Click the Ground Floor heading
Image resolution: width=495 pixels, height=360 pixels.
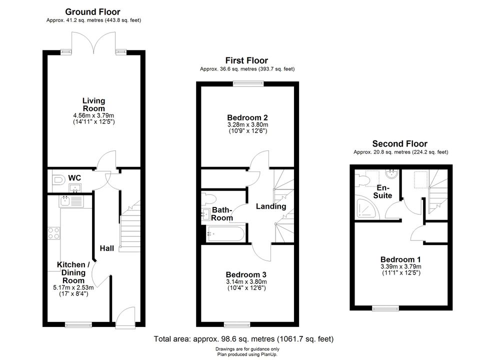coord(92,12)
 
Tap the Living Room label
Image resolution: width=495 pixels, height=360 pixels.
coord(94,104)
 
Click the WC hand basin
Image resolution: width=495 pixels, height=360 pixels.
coord(75,188)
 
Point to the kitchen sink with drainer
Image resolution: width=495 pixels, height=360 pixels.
coord(71,201)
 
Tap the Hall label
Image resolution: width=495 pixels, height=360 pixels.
coord(106,248)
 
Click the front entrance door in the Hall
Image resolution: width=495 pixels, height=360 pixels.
coord(125,317)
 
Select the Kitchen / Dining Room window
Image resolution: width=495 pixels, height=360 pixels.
coord(78,324)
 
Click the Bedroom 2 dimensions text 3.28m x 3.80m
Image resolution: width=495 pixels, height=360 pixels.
coord(248,124)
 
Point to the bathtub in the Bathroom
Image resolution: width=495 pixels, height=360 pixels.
coord(225,234)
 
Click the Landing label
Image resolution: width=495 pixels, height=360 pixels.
coord(271,206)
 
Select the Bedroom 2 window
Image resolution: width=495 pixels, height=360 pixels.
coord(248,83)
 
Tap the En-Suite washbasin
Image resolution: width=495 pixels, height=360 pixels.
coord(392,173)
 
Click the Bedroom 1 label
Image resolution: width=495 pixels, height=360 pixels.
coord(400,259)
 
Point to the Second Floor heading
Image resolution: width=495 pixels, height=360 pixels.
coord(399,143)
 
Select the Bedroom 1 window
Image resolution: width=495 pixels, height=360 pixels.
coord(385,307)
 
